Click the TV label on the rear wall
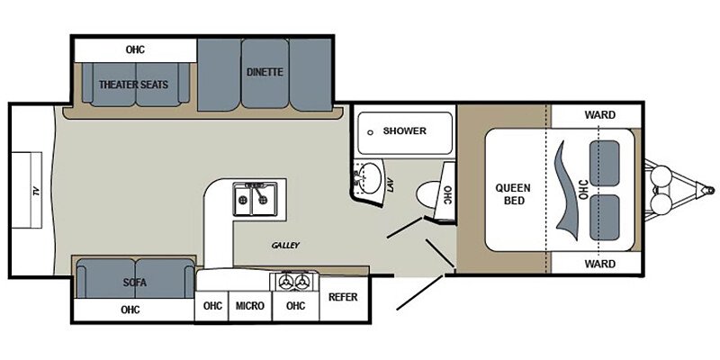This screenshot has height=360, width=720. [37, 191]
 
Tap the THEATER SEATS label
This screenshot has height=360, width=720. [133, 85]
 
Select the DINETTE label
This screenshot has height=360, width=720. [265, 72]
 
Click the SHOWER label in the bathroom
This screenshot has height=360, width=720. [404, 130]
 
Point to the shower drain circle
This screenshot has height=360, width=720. [370, 131]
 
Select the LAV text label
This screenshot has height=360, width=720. [391, 184]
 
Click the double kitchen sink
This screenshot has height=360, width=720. [255, 199]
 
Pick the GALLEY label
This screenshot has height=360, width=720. [285, 245]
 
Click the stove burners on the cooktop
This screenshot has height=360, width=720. [294, 282]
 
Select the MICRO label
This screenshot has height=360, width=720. [250, 306]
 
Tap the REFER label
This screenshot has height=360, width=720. [343, 297]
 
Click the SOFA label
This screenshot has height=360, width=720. [135, 283]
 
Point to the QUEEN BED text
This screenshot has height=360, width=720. [514, 194]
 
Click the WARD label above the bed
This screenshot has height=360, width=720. [599, 115]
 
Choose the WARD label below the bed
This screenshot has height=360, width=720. [599, 264]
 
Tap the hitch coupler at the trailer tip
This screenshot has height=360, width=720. [708, 190]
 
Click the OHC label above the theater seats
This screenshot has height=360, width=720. [135, 49]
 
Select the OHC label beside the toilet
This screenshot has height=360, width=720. [448, 195]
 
